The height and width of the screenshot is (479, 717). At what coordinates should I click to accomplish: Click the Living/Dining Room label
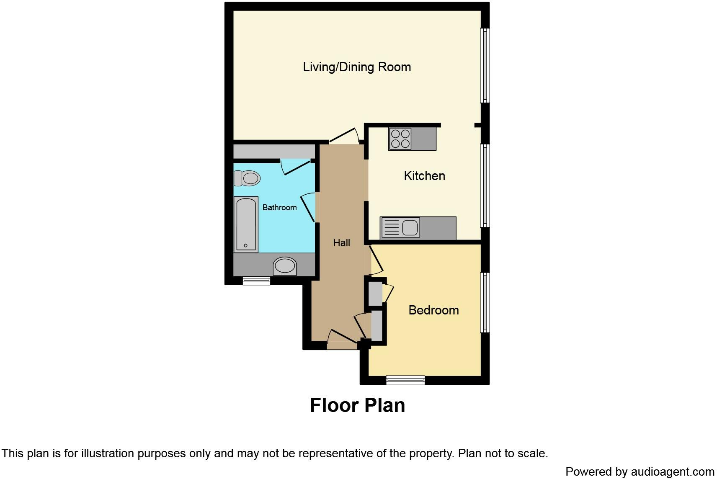pos(357,67)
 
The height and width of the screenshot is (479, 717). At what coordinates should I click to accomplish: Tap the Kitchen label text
pos(424,176)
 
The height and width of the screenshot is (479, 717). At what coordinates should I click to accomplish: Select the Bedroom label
pos(433,310)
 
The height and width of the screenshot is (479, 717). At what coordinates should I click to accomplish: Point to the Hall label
pos(341,243)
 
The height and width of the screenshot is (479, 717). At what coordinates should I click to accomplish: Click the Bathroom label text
pos(279,208)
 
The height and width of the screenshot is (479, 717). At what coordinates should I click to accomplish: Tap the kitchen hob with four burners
pos(400,139)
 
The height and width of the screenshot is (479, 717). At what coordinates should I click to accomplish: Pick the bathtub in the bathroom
pos(245,224)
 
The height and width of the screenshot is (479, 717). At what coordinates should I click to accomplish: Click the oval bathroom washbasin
pos(285,266)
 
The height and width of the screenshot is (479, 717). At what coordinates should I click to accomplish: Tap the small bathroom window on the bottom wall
pos(256,281)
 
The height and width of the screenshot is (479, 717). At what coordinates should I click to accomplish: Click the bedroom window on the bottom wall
pos(405,380)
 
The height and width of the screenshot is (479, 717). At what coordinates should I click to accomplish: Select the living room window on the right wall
pos(485,65)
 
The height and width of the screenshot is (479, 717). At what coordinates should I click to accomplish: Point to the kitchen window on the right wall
pos(485,185)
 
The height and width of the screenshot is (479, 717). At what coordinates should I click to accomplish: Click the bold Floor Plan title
pos(357,405)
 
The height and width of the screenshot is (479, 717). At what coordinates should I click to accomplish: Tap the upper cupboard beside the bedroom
pos(375,294)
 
